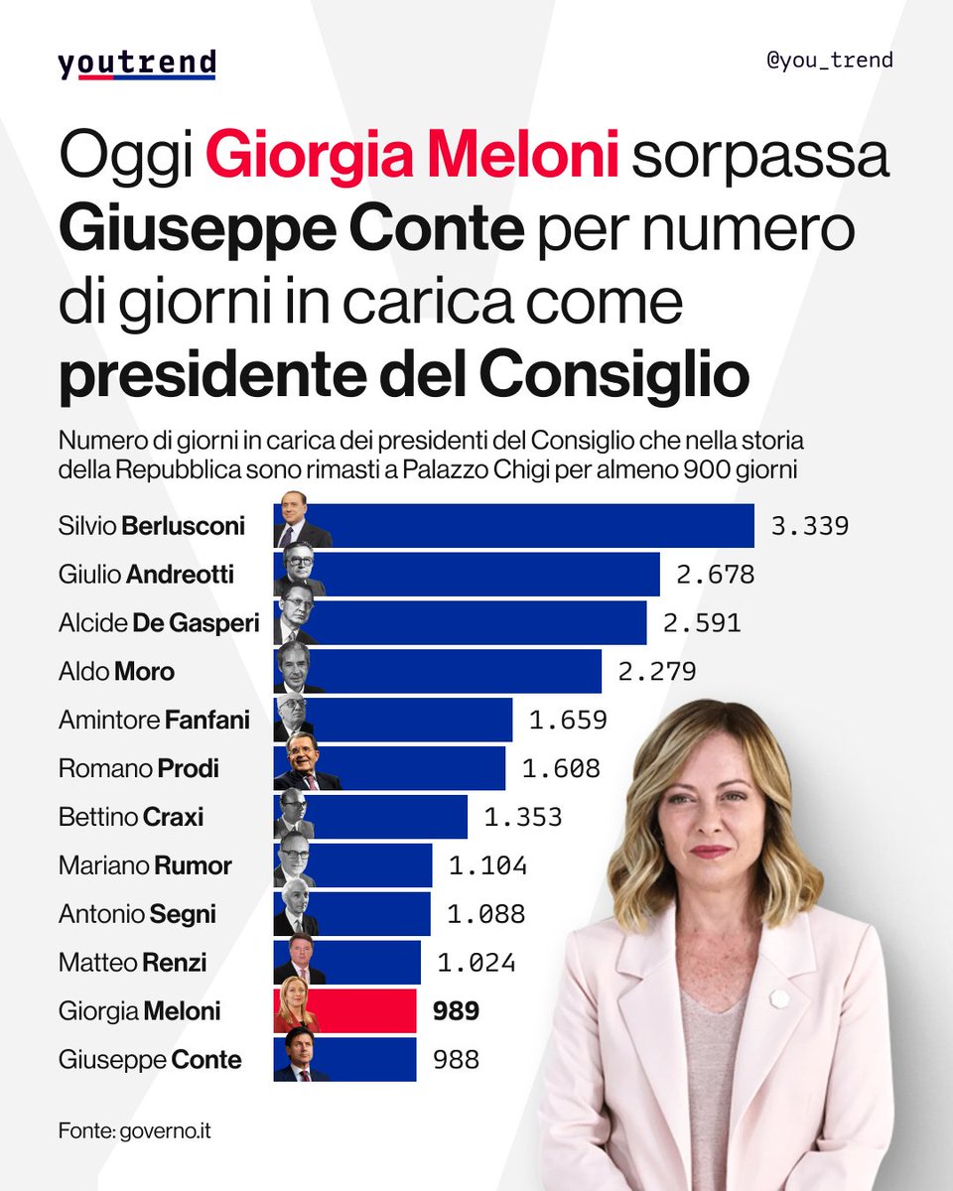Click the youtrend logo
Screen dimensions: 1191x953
coord(136,65)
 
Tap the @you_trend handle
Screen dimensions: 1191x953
coord(830,60)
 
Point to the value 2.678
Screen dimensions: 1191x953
coord(716,574)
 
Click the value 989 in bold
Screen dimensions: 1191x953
coord(457,1010)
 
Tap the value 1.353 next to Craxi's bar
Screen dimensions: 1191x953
coord(523,817)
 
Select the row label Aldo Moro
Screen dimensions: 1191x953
coord(116,671)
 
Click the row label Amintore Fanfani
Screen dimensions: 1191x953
coord(154,720)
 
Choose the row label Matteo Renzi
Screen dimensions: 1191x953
coord(132,962)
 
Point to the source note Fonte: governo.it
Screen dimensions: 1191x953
coord(134,1129)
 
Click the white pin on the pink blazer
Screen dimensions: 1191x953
coord(779,995)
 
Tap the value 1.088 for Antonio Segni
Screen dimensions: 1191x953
coord(486,913)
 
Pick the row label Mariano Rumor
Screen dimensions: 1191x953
coord(145,865)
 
